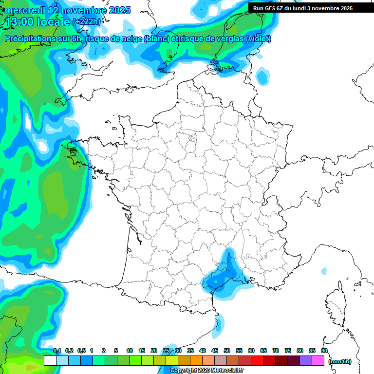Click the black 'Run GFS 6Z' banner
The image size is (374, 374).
point(302,8)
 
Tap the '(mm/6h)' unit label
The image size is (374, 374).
point(339,361)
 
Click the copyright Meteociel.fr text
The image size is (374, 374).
point(206,371)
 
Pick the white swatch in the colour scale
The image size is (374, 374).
point(50,361)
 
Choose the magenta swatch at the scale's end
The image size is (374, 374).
point(318,361)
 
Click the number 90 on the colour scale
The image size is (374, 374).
point(324,351)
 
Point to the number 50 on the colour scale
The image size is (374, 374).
point(227,351)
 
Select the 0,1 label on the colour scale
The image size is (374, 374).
point(57,351)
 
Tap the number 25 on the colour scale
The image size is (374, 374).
point(166,351)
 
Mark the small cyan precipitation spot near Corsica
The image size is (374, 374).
point(324,271)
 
